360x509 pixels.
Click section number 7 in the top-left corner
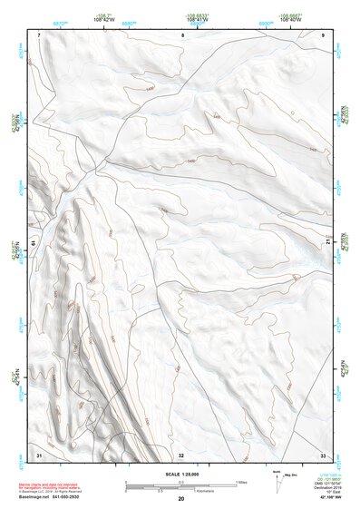pos(40,34)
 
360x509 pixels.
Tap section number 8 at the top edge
pos(181,34)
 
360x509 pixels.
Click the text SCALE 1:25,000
pos(180,474)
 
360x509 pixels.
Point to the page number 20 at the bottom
pos(180,499)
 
